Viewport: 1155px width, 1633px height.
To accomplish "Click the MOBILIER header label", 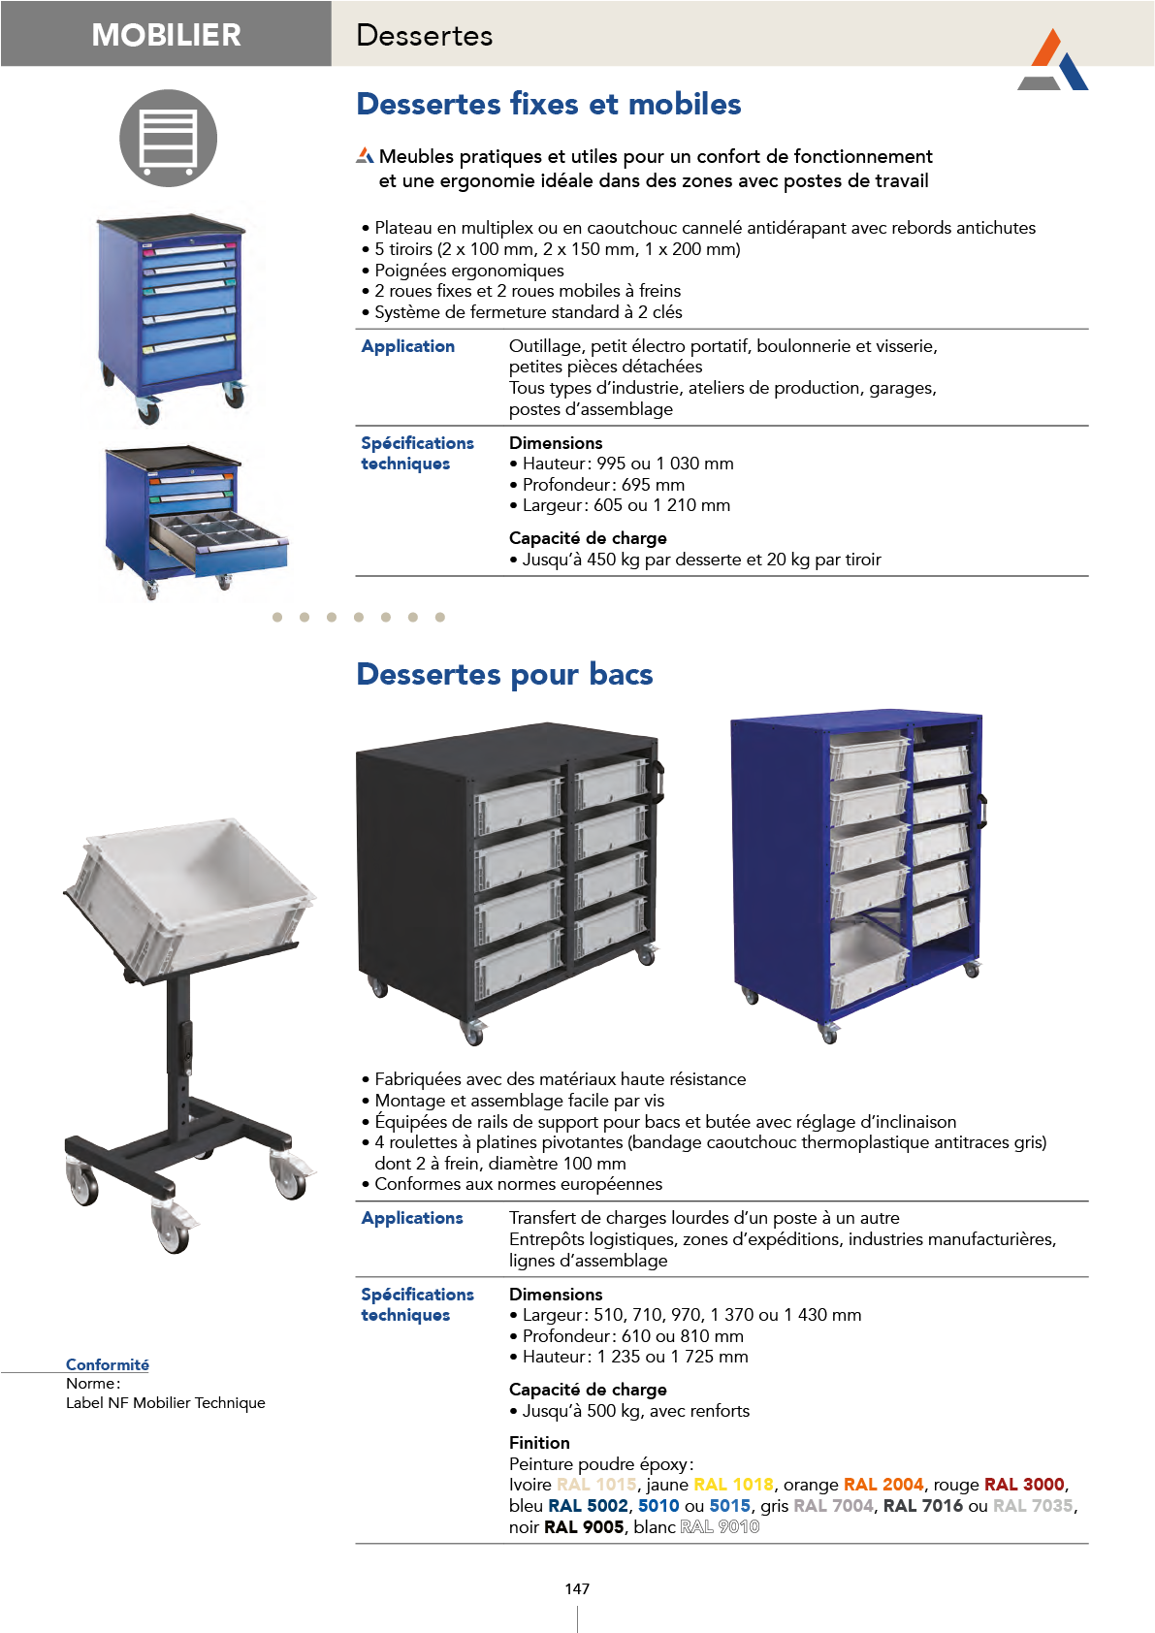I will point(166,35).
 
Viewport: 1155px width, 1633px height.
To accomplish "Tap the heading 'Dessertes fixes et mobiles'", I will point(549,104).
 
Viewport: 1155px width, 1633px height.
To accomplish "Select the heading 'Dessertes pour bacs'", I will point(504,674).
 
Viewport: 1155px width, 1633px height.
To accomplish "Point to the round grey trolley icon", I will point(168,138).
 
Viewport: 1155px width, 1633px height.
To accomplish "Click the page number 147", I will point(577,1588).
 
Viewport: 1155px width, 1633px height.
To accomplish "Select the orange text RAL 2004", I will point(883,1485).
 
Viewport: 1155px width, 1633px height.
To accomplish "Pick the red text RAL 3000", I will point(1024,1485).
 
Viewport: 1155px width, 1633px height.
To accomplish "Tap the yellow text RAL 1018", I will point(733,1485).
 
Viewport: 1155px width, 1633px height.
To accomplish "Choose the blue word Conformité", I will point(108,1364).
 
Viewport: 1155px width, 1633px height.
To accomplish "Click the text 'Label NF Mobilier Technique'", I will point(166,1403).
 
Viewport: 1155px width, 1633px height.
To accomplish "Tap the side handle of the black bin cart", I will point(660,782).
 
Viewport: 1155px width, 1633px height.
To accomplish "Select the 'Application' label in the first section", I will point(407,346).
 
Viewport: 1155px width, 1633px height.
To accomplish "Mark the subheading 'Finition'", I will point(539,1443).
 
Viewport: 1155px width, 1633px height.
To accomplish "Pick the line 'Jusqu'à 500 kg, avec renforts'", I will point(635,1411).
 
